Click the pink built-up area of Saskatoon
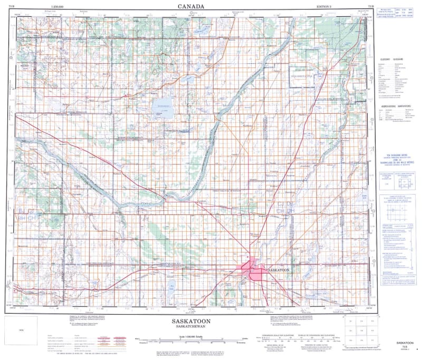pyautogui.click(x=251, y=271)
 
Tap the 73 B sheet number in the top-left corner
pyautogui.click(x=11, y=6)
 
